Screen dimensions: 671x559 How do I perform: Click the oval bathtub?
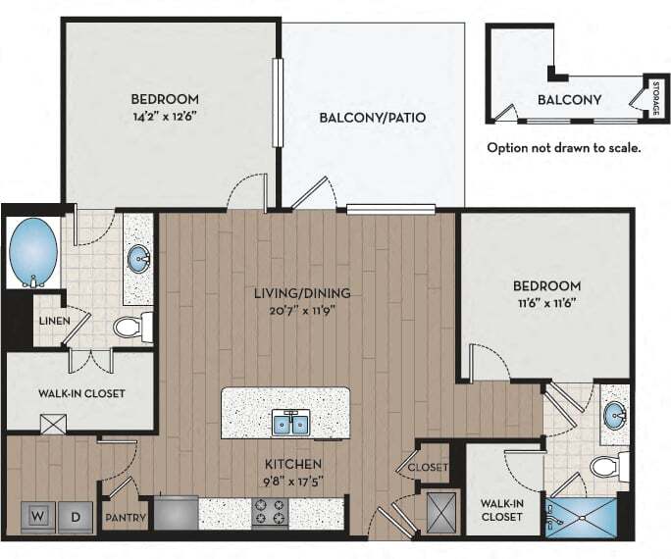[33, 252]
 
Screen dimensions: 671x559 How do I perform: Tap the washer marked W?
[38, 517]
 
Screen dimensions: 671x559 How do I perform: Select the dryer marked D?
[76, 517]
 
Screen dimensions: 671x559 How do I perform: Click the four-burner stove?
[270, 512]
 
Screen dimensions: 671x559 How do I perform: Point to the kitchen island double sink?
[291, 424]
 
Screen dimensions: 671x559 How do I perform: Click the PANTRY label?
[126, 518]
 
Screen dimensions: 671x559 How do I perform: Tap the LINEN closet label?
[55, 321]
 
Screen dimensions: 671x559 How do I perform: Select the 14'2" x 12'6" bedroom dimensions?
[165, 117]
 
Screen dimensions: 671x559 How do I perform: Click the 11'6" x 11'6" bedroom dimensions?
[546, 303]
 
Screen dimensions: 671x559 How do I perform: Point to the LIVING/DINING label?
[302, 293]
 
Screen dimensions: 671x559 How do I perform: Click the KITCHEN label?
[293, 464]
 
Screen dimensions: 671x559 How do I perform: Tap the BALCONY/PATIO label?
[373, 117]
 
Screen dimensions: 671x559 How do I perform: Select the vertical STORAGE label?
[656, 98]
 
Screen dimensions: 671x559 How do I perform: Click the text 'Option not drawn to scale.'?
[564, 148]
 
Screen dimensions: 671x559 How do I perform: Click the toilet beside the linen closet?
[133, 328]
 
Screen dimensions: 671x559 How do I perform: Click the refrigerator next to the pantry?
[176, 512]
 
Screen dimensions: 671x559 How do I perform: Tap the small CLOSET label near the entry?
[428, 467]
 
